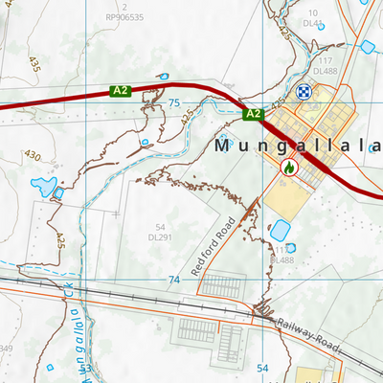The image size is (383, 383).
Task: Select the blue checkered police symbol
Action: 304,92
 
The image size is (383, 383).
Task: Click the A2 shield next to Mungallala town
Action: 253,114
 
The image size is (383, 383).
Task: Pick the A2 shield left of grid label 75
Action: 120,91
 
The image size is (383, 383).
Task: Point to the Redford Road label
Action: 213,246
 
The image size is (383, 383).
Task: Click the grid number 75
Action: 173,102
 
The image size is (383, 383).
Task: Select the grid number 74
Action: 173,280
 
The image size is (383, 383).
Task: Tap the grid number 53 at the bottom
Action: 85,368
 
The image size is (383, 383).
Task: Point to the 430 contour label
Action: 33,155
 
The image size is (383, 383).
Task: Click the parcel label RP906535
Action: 124,17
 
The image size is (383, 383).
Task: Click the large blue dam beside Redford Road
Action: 281,231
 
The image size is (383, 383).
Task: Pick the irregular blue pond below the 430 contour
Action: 43,184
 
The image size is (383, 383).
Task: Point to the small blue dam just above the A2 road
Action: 163,76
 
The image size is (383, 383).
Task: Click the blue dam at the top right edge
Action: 367,46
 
